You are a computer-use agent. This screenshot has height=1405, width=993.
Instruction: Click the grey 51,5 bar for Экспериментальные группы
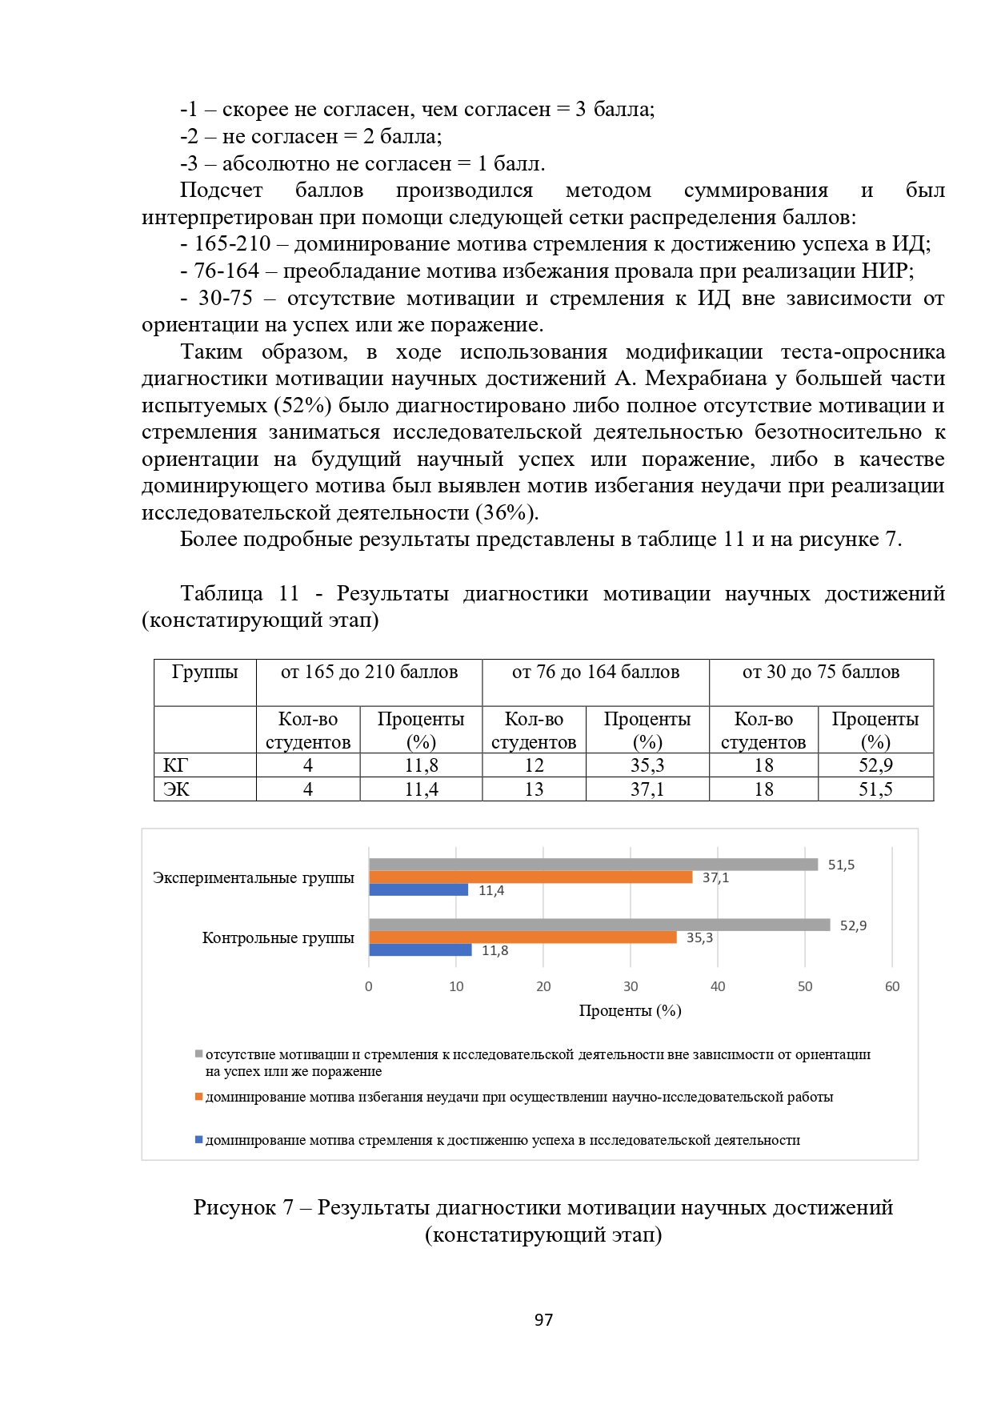click(593, 865)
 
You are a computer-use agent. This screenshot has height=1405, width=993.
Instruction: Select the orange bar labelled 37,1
click(530, 877)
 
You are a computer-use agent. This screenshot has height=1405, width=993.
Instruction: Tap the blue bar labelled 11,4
click(418, 890)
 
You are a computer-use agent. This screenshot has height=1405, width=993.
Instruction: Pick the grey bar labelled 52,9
click(599, 925)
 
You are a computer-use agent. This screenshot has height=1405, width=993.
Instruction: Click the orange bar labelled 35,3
click(523, 937)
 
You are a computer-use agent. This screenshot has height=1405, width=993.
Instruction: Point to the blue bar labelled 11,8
click(420, 950)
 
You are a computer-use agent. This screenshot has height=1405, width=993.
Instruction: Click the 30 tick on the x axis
click(631, 986)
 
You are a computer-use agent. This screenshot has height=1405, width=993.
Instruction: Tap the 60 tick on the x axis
click(892, 986)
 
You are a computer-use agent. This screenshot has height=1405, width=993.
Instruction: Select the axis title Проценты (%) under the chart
click(630, 1010)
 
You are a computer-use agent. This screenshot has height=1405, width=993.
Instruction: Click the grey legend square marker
click(198, 1054)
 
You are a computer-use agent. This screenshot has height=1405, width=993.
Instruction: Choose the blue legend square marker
click(198, 1139)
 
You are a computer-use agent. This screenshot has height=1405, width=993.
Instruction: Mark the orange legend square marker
click(198, 1097)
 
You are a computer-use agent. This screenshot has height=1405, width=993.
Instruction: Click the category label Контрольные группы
click(278, 937)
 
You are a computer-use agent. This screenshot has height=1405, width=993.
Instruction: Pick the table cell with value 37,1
click(647, 789)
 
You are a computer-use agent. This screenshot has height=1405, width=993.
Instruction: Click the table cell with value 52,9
click(875, 765)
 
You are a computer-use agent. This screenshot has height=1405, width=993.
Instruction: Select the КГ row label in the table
click(175, 765)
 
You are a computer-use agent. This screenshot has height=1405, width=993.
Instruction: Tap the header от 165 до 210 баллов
click(369, 672)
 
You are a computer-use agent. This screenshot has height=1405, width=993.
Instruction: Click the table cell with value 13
click(534, 789)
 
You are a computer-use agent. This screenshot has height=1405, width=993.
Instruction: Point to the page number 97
click(543, 1320)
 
